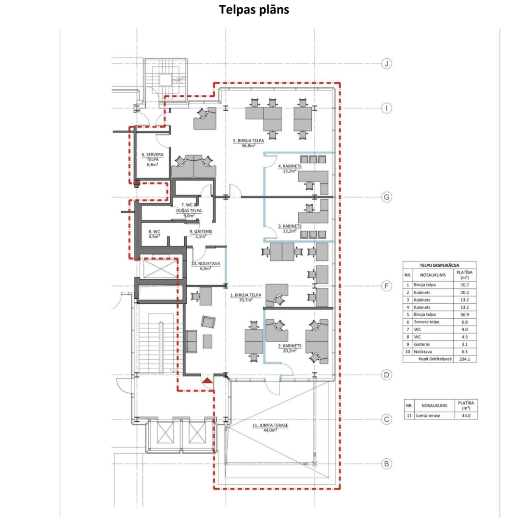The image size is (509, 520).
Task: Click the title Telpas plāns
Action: click(x=254, y=10)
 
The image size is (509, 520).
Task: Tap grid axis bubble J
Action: click(x=386, y=64)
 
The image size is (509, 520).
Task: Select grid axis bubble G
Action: click(x=386, y=197)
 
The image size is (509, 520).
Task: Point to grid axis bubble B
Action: click(x=386, y=464)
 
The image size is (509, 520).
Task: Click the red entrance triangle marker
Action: click(x=207, y=380)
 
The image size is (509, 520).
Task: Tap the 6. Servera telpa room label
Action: click(x=153, y=159)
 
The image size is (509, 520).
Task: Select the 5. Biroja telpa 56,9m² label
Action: click(x=249, y=143)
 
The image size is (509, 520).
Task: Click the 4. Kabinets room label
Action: click(x=290, y=169)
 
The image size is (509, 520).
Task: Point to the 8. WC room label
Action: click(x=154, y=234)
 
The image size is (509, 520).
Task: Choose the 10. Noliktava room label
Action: click(x=205, y=266)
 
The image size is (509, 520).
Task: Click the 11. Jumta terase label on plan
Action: click(x=270, y=428)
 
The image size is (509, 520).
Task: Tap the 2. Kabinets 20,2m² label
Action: click(x=290, y=348)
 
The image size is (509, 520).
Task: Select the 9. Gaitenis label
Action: click(x=201, y=234)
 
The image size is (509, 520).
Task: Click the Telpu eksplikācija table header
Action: click(x=439, y=265)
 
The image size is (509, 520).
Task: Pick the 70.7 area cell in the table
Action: click(x=465, y=285)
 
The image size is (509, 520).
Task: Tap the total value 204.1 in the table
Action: click(x=465, y=359)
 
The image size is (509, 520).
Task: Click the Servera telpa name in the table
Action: click(x=426, y=322)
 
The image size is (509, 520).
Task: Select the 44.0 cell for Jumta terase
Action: click(x=466, y=416)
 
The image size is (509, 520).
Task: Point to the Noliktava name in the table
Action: click(x=423, y=351)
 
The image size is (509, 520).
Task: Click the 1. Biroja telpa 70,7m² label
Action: click(x=245, y=298)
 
